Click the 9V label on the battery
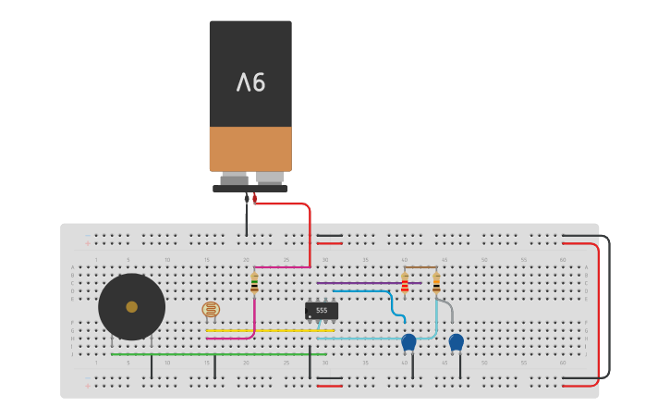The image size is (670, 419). tap(250, 82)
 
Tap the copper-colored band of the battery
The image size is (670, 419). tap(250, 148)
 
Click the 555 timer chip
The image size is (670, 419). tap(322, 311)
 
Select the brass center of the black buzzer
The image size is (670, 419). tap(132, 306)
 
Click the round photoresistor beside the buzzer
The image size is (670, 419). tap(211, 309)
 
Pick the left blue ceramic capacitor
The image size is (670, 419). tap(408, 342)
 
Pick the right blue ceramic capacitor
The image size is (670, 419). tap(456, 342)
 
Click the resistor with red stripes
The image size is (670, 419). tap(405, 283)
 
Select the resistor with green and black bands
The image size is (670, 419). tap(254, 283)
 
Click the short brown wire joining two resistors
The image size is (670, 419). tap(420, 267)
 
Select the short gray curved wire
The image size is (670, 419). tap(447, 305)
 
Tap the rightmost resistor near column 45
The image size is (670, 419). tap(436, 283)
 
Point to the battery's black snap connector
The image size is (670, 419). tap(250, 188)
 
